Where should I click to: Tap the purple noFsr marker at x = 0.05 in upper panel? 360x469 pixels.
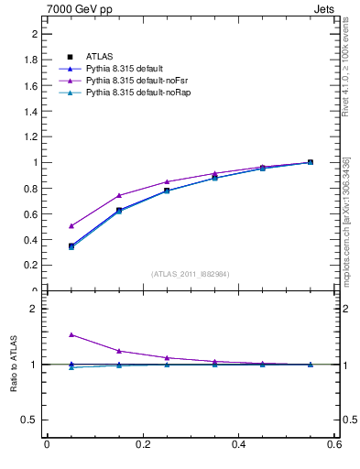pos(71,225)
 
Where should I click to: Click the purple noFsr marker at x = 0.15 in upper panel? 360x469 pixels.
pos(119,195)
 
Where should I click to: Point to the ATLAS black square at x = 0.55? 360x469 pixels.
pos(311,162)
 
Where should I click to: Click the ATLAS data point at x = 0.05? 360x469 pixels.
pos(71,245)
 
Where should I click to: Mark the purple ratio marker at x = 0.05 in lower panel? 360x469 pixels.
pos(71,334)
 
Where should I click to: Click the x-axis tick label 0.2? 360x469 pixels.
pos(143,445)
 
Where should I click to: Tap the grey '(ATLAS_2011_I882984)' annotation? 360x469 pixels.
pos(191,274)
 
